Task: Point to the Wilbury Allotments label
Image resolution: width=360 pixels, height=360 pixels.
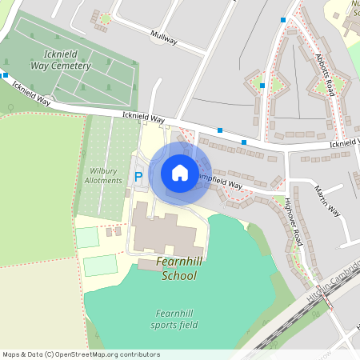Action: coord(103,175)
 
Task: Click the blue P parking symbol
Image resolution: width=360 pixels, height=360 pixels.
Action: coord(138,176)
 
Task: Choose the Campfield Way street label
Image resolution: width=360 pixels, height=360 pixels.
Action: coord(221,181)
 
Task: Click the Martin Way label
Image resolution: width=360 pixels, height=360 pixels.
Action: coord(327,204)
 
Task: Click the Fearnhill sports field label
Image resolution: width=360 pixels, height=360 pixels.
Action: coord(174,318)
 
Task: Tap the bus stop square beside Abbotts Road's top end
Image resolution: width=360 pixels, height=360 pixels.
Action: coord(283,19)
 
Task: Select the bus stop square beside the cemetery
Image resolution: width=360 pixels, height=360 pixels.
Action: coord(5,75)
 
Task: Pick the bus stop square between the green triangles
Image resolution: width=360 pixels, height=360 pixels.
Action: coord(262,85)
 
